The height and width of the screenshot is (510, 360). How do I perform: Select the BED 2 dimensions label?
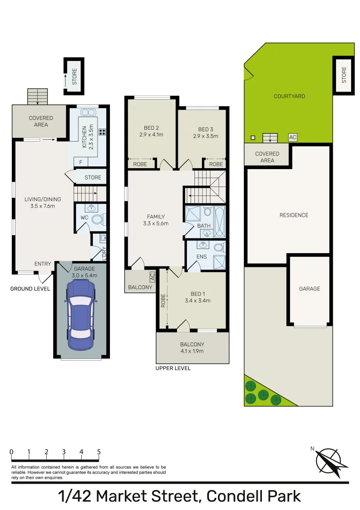click(151, 135)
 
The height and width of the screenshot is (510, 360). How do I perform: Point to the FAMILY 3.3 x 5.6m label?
click(156, 220)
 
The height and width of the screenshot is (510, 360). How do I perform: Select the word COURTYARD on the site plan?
click(289, 96)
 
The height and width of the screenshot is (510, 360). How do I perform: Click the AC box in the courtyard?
click(293, 137)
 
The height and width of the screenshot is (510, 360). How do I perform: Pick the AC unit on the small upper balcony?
click(152, 276)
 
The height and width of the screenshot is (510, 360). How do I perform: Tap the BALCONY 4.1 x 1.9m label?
click(192, 348)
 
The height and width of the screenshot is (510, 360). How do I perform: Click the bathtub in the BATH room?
click(220, 221)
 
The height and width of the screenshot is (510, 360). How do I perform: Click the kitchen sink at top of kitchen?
click(88, 112)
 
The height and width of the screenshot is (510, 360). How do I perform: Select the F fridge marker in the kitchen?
click(81, 162)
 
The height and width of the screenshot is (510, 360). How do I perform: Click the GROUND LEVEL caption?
click(30, 289)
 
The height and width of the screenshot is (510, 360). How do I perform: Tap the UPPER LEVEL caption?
click(173, 368)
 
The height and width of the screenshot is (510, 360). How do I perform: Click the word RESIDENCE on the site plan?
click(293, 215)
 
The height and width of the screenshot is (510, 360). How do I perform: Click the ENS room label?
click(195, 257)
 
